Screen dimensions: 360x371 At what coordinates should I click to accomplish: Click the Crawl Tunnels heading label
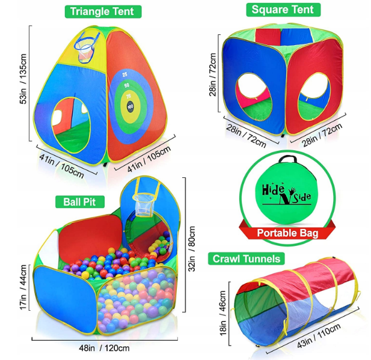click(245, 259)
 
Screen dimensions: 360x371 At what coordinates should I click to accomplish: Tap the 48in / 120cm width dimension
click(100, 347)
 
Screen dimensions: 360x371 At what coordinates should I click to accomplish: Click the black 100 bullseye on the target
click(130, 108)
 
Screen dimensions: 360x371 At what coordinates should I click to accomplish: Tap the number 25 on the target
click(124, 75)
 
